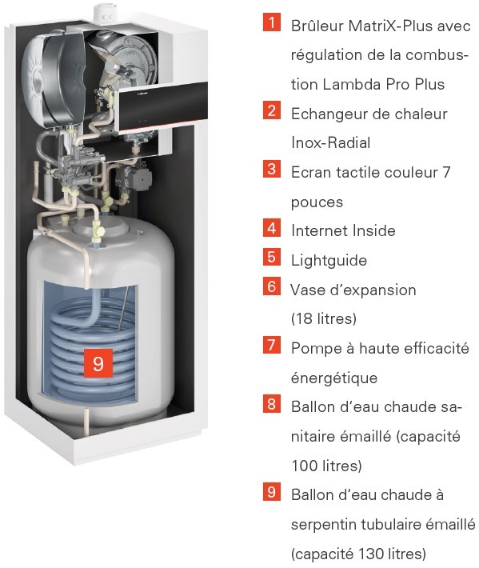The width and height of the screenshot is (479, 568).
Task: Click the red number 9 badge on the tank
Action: coord(98,363)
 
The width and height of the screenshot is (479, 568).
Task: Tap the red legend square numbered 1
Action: coord(272,22)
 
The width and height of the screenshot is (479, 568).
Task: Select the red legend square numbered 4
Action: coord(272,228)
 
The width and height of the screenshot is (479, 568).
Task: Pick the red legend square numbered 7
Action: coord(272,345)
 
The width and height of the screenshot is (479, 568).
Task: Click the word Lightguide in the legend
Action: coord(329,261)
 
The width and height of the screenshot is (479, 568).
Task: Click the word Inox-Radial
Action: coord(330,142)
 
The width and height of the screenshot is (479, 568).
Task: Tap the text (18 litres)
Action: coord(324,318)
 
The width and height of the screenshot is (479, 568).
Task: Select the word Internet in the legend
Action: coord(318,230)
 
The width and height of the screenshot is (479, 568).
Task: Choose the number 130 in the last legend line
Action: coord(370,554)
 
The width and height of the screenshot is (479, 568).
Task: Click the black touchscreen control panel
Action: coord(162,106)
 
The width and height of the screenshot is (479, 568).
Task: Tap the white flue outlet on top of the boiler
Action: coord(105,13)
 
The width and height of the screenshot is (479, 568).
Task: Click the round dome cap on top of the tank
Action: coord(100,227)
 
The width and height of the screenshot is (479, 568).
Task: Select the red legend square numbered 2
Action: coord(272,110)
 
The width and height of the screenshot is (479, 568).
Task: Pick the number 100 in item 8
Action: coord(303,466)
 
